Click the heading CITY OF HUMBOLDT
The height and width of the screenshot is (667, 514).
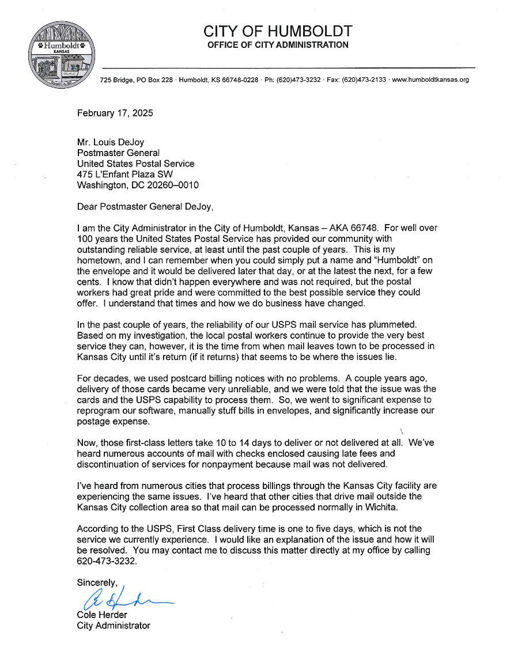pos(278,31)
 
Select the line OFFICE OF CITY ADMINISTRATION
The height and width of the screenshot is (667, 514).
pos(278,45)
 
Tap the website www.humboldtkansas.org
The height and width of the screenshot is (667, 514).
pos(430,79)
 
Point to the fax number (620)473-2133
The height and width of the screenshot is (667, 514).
pos(365,79)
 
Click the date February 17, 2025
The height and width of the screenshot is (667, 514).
pos(115,113)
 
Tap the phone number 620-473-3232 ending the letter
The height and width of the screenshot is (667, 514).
pos(107,561)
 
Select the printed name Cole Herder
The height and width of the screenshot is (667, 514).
pos(102,615)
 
